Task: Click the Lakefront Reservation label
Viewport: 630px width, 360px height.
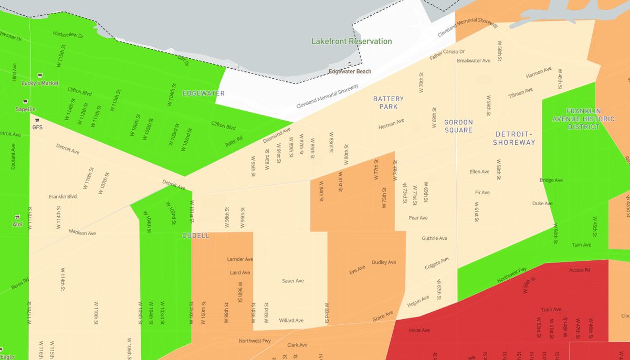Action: click(x=351, y=41)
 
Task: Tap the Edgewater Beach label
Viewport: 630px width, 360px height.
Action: click(x=350, y=71)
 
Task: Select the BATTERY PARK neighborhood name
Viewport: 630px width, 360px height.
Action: click(x=388, y=102)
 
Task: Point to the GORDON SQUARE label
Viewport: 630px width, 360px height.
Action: click(x=458, y=126)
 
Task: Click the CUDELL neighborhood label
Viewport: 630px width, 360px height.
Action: click(x=196, y=236)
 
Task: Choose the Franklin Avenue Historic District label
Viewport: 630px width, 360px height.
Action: click(x=590, y=119)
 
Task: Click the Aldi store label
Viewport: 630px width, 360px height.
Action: click(x=17, y=224)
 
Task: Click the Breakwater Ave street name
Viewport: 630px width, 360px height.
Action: click(x=473, y=61)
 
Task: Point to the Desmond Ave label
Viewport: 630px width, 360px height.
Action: click(x=277, y=135)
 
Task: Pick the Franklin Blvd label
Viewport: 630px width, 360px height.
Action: click(x=62, y=197)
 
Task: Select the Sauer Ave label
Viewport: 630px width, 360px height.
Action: click(x=292, y=281)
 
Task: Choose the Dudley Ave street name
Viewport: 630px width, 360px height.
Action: click(x=384, y=262)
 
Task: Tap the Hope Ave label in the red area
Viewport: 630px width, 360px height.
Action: click(x=419, y=331)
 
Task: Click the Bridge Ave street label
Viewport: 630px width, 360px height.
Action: click(x=551, y=181)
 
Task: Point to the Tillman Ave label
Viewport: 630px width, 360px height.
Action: click(x=520, y=93)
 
